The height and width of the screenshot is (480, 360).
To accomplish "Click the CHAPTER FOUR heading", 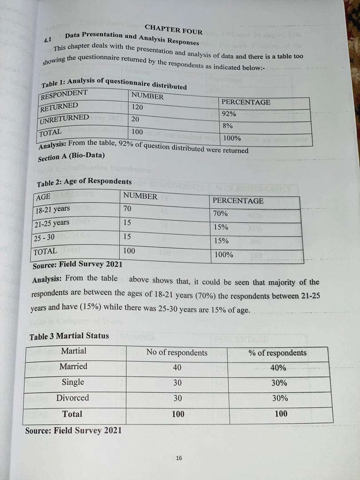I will (173, 29).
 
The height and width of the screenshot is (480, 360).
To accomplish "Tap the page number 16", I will (179, 458).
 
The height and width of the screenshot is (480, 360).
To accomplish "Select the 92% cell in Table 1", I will (229, 114).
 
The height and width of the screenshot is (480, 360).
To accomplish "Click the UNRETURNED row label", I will (64, 119).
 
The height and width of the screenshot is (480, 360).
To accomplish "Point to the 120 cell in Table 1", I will (138, 107).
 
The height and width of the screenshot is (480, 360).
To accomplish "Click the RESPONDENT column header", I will (64, 94).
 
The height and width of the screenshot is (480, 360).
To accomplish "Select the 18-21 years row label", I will (53, 209).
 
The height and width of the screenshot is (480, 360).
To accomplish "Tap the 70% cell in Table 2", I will (220, 213).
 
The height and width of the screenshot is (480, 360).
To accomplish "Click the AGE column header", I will (43, 197).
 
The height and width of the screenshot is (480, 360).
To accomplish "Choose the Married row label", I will (73, 366).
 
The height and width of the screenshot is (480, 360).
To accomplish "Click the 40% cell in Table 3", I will (278, 368).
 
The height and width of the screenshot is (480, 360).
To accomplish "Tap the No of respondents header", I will (177, 352).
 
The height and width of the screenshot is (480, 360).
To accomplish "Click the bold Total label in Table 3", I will (72, 414).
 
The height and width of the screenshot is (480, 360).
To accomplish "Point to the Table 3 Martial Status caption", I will (69, 336).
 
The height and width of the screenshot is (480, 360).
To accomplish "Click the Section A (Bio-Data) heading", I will (71, 157).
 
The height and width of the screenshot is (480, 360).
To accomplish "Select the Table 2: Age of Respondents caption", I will (84, 182).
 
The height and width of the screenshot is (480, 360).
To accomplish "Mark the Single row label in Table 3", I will (73, 382).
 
